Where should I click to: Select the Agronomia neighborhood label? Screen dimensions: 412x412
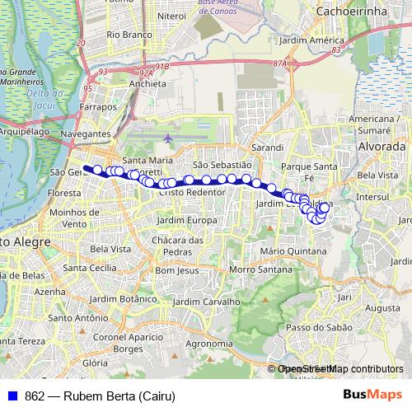click(209, 343)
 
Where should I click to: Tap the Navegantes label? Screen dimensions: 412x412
click(85, 133)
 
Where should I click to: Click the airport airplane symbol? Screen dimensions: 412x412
click(169, 138)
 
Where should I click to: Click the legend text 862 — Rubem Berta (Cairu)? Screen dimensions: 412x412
click(100, 396)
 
